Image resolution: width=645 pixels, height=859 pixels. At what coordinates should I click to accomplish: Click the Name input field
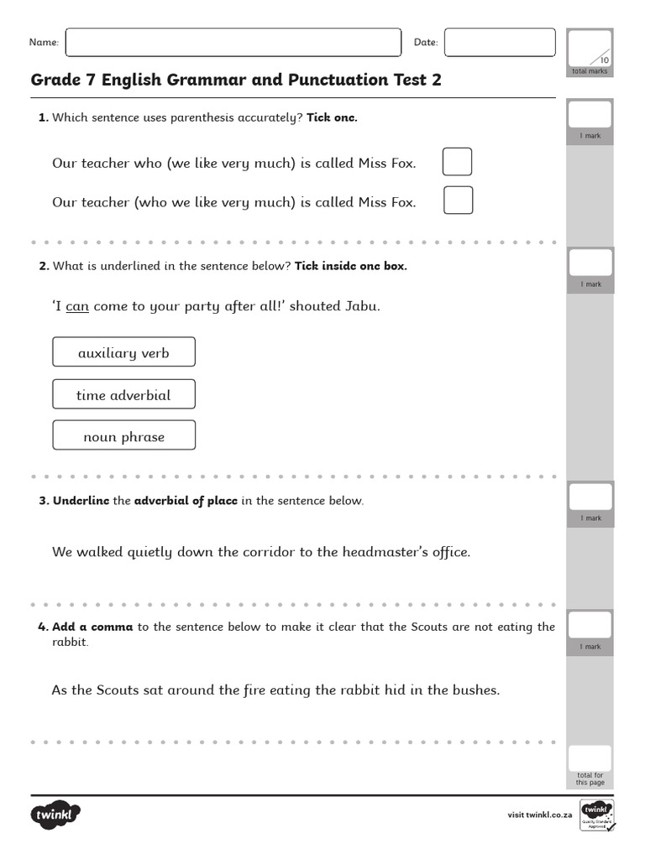click(x=233, y=43)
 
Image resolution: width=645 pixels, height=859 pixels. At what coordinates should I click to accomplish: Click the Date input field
click(x=500, y=43)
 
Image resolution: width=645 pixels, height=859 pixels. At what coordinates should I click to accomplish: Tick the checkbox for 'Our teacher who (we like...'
click(x=458, y=162)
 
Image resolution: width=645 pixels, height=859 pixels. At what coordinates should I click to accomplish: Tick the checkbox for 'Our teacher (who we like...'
click(x=458, y=200)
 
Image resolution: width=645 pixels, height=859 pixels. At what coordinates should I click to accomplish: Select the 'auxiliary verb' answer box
click(x=123, y=352)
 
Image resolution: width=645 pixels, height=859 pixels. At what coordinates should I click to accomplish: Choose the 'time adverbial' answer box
click(x=123, y=394)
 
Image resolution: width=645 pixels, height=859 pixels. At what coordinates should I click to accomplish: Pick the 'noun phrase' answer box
click(x=123, y=436)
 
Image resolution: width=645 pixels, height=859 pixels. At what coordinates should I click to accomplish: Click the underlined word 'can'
click(x=77, y=306)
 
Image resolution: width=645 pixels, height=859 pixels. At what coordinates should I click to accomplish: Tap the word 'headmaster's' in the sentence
click(x=359, y=552)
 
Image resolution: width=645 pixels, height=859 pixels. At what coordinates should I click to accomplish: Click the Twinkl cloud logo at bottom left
click(x=55, y=815)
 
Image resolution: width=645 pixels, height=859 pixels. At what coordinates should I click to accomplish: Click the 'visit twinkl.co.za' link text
click(x=540, y=815)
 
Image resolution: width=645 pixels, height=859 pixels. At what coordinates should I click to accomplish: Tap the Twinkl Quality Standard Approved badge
click(x=597, y=815)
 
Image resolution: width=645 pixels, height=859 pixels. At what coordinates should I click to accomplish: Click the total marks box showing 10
click(x=590, y=48)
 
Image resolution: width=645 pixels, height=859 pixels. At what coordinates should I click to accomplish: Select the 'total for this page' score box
click(x=590, y=758)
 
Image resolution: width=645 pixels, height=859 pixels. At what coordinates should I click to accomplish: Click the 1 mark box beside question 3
click(x=590, y=497)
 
